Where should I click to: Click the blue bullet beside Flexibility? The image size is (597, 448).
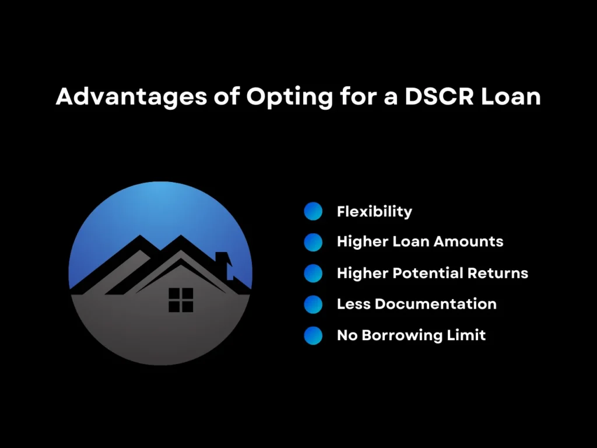(x=313, y=211)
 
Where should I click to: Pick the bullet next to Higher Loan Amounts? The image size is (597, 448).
(x=313, y=242)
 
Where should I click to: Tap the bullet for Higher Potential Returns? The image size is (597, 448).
(x=313, y=273)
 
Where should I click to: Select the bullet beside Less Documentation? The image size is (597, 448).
(x=313, y=304)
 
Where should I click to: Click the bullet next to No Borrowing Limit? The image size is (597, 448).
(x=313, y=335)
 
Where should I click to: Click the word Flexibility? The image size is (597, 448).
(x=374, y=211)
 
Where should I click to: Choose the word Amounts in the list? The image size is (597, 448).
(x=472, y=242)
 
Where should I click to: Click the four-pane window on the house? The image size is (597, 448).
(x=181, y=300)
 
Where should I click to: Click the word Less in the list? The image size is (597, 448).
(x=353, y=304)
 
